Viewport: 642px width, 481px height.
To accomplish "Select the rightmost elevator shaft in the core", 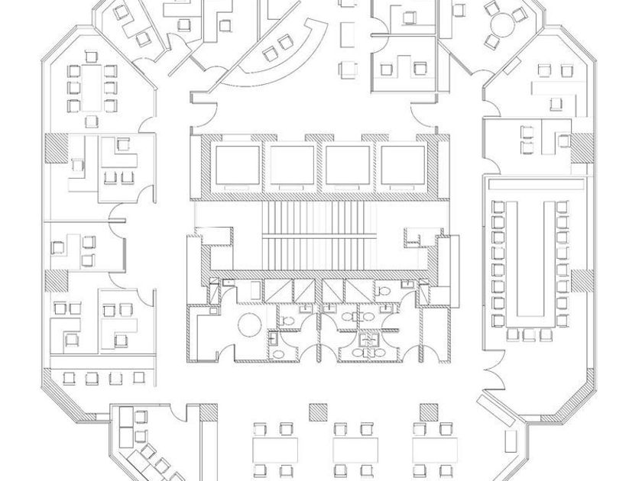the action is [x=403, y=164].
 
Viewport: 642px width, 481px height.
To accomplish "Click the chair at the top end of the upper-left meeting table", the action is [x=92, y=56].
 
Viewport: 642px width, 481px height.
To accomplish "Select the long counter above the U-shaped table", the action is [x=537, y=186].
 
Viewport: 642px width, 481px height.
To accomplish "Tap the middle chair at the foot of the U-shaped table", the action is [x=530, y=334].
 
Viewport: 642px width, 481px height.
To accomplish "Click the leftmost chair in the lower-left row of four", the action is [x=71, y=378].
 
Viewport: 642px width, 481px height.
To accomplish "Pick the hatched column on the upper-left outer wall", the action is [x=55, y=147].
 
